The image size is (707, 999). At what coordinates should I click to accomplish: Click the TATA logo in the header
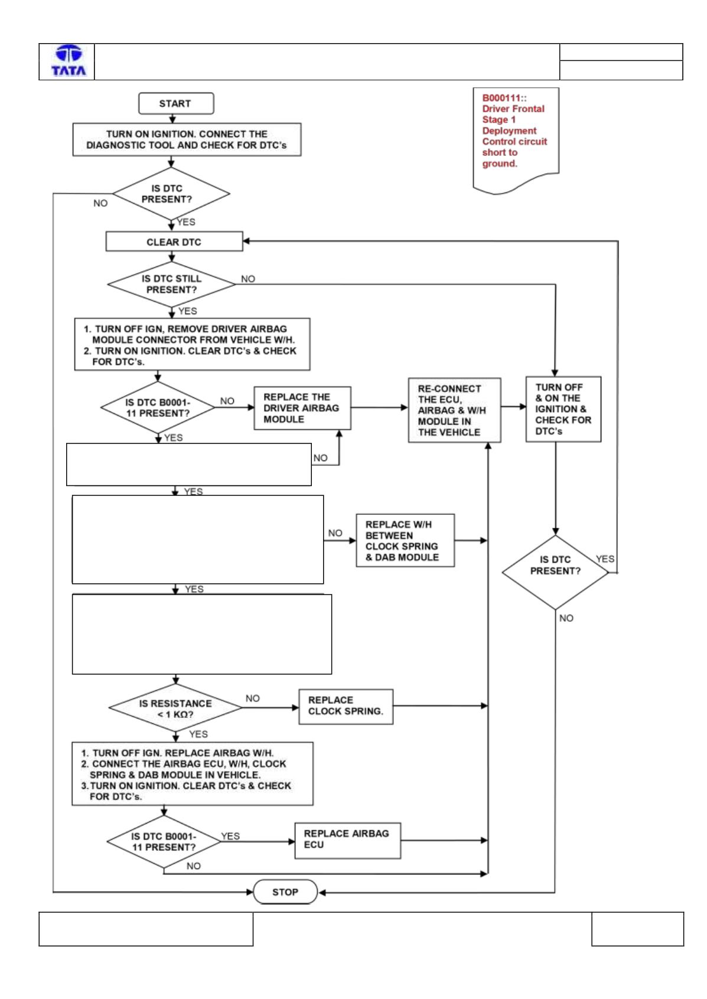coord(69,60)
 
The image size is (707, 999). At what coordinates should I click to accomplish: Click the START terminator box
coord(176,103)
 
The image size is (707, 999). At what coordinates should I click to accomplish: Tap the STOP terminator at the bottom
coord(285,892)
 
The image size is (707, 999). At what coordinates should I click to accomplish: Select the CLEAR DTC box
coord(174,241)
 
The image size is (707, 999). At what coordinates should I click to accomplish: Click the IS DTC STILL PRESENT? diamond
coord(171,284)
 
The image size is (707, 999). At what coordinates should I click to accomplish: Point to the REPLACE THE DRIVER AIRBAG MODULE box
coord(302,408)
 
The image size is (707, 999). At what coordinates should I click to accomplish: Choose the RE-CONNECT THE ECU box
coord(455,410)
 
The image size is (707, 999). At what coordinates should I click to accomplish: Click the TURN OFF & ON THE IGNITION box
coord(563,409)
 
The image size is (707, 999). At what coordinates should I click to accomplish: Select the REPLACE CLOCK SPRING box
coord(346,706)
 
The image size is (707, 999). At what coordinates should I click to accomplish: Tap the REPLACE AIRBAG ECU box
coord(347,840)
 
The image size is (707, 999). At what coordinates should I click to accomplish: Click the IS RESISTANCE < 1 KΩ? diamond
coord(175,708)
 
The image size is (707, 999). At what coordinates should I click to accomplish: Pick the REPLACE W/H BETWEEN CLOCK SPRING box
coord(405,540)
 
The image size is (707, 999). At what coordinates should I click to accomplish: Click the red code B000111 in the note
coord(504,98)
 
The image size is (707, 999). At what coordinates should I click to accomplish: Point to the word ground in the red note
coord(500,164)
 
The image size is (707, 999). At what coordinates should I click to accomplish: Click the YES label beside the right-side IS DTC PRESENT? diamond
coord(605,559)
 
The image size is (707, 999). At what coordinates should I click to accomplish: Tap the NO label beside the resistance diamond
coord(252,698)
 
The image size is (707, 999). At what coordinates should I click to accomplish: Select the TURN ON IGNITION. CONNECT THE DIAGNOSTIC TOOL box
coord(187,139)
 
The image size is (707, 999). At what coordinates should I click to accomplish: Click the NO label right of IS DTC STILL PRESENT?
coord(248,279)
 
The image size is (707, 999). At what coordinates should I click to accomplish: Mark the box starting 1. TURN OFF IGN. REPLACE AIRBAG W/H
coord(192,774)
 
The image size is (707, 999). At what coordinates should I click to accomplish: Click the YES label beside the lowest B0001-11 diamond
coord(230,836)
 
